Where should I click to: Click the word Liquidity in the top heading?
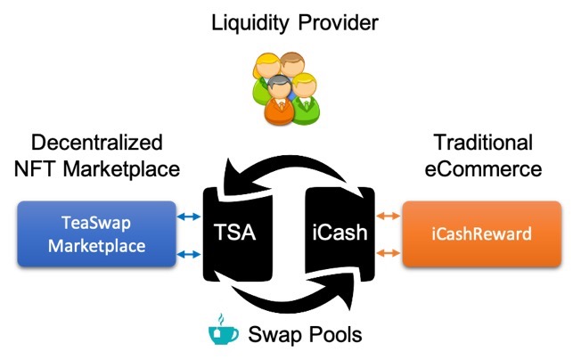coord(245,22)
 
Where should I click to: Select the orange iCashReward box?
coord(481,234)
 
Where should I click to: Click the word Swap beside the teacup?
coord(274,336)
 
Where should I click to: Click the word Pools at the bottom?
coord(333,336)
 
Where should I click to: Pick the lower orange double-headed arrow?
coord(389,255)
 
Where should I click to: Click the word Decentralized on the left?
coord(97,143)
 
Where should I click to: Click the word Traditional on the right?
coord(482,143)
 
